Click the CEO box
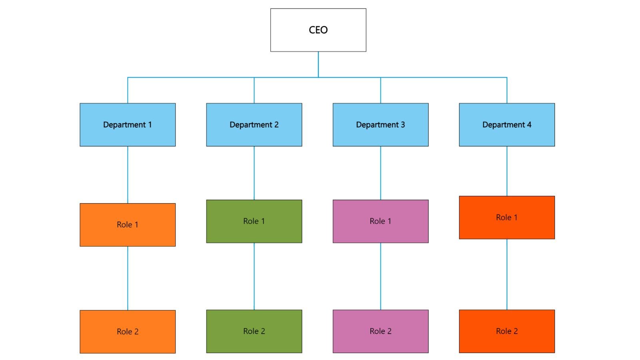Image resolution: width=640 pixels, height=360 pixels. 318,30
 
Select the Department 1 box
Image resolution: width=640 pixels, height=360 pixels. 128,125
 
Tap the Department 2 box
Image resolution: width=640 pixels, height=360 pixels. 254,125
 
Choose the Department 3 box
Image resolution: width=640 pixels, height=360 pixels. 380,125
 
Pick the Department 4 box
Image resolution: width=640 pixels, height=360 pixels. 507,125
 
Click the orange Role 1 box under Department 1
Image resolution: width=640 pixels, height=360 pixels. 128,225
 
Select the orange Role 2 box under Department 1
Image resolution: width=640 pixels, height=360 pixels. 128,332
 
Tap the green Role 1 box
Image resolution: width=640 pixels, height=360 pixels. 254,221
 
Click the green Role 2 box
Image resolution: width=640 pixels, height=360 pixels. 254,331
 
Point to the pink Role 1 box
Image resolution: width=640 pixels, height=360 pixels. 380,221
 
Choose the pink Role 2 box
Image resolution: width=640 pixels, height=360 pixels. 380,331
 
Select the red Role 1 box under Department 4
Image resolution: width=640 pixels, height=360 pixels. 507,218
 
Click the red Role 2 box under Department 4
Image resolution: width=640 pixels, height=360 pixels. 507,331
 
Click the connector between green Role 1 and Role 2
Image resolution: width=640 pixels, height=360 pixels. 254,276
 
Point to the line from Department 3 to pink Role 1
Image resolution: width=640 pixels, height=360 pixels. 380,173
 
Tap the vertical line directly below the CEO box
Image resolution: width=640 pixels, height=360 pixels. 318,64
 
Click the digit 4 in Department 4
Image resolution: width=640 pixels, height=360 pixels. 529,125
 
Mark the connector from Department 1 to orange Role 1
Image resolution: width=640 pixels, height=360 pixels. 128,174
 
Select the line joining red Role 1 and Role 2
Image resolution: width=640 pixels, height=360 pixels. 507,274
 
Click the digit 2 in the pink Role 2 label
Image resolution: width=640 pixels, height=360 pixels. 389,331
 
